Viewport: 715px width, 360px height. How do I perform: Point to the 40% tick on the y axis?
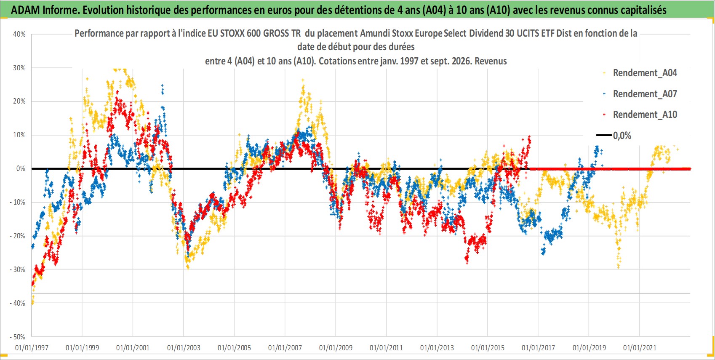[x=19, y=34]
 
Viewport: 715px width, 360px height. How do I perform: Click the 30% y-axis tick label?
[x=19, y=68]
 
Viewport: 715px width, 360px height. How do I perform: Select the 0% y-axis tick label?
[x=21, y=168]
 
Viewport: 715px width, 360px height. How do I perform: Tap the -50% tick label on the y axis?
[x=17, y=337]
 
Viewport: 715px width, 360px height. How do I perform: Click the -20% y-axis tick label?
[x=17, y=236]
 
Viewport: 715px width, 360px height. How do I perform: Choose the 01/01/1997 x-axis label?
[x=32, y=347]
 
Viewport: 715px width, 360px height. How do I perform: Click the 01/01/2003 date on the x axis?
[x=184, y=347]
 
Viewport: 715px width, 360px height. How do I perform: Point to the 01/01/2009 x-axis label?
[x=336, y=347]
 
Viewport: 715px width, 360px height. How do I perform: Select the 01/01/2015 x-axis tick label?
[x=488, y=347]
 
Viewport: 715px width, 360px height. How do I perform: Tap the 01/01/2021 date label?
[x=640, y=347]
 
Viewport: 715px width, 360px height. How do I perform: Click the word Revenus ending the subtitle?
[x=491, y=61]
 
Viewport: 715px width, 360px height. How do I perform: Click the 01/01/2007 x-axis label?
[x=285, y=347]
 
